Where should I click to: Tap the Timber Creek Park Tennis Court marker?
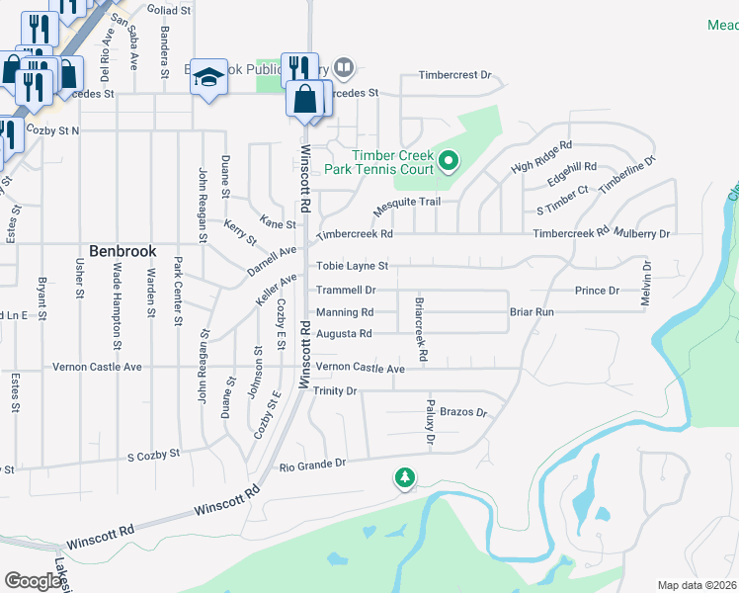tap(448, 159)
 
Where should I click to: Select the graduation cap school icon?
tap(208, 76)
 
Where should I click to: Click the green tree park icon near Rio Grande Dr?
tap(404, 478)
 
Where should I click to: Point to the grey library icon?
tap(343, 67)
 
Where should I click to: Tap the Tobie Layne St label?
tap(352, 266)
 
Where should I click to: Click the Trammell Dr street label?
tap(346, 291)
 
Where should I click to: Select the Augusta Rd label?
tap(344, 334)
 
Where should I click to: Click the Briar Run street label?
tap(532, 312)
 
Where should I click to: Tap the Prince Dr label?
tap(597, 291)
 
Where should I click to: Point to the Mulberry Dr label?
tap(642, 233)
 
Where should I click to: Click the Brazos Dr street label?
tap(464, 411)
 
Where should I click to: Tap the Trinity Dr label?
tap(335, 391)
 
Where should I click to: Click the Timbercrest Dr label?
tap(454, 75)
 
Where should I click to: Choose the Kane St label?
tap(278, 224)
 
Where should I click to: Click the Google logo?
tap(33, 581)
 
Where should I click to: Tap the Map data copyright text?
tap(698, 585)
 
